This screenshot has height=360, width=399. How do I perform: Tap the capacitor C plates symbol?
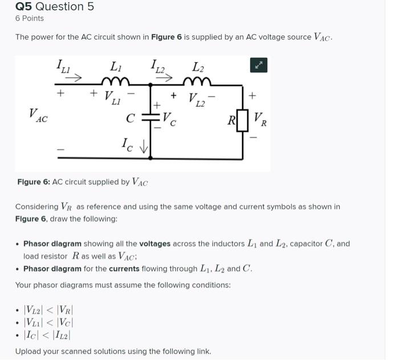click(150, 119)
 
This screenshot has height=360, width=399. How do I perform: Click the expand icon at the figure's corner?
click(258, 66)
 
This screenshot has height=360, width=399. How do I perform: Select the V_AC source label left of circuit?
click(39, 116)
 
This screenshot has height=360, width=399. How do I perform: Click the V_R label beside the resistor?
click(259, 120)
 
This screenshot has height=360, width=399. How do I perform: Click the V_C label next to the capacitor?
click(169, 120)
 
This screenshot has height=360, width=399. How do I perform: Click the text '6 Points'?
click(30, 18)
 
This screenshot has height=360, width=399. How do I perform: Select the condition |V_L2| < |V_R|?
click(48, 310)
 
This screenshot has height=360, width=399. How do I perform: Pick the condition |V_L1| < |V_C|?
click(48, 323)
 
